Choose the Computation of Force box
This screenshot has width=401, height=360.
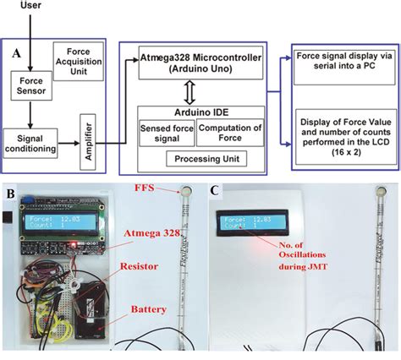pyautogui.click(x=230, y=133)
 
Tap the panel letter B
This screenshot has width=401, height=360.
pyautogui.click(x=9, y=193)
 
